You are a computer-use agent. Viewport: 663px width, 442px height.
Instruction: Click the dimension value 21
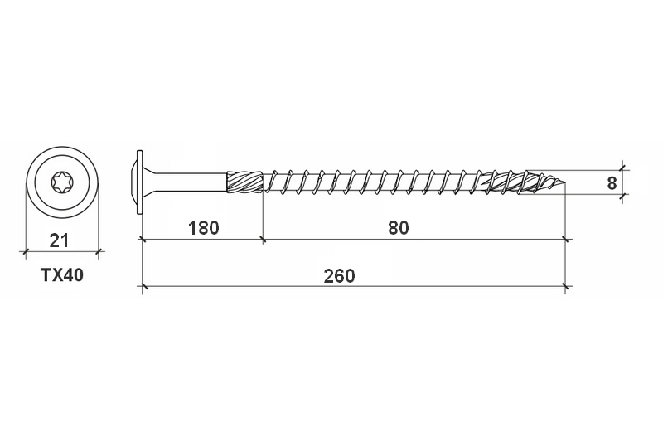coord(59,241)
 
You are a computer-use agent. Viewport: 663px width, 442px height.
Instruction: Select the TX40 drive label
coord(62,275)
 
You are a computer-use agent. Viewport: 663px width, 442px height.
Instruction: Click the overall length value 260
coord(339,275)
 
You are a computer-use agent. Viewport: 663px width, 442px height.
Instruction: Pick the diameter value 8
coord(612,182)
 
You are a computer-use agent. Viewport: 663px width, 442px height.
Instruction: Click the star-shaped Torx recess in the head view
coord(62,182)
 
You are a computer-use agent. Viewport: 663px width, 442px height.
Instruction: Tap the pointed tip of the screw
coord(564,183)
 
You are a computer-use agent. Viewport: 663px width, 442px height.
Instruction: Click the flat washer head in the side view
coord(139,182)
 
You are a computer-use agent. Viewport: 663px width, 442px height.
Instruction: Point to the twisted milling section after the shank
coord(245,182)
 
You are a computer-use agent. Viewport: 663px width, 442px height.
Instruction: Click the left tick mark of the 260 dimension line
coord(142,287)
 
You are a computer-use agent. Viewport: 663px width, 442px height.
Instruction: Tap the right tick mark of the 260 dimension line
coord(566,287)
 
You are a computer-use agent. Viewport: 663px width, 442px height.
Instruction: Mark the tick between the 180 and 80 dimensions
coord(263,240)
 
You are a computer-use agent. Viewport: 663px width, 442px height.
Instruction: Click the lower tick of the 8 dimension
coord(623,193)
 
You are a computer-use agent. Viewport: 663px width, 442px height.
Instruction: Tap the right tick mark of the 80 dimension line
coord(566,240)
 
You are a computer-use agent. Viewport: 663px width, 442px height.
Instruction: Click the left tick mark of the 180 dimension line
coord(142,240)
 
